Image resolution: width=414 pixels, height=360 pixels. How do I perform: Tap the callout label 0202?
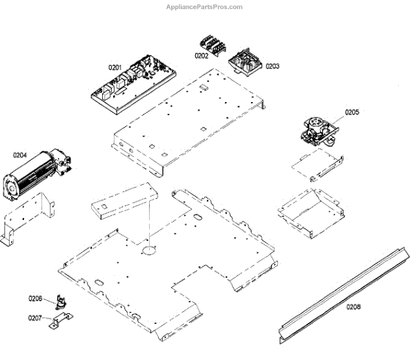point(201,55)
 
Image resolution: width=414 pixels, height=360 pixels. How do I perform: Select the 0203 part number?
point(272,66)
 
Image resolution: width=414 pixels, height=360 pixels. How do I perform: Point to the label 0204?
point(20,156)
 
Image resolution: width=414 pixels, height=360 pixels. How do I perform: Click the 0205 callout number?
point(352,112)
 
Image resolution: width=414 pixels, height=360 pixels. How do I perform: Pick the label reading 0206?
point(35,298)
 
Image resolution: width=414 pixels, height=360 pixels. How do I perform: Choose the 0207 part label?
point(35,319)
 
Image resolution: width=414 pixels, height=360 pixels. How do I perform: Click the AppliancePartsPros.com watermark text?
point(204,7)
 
